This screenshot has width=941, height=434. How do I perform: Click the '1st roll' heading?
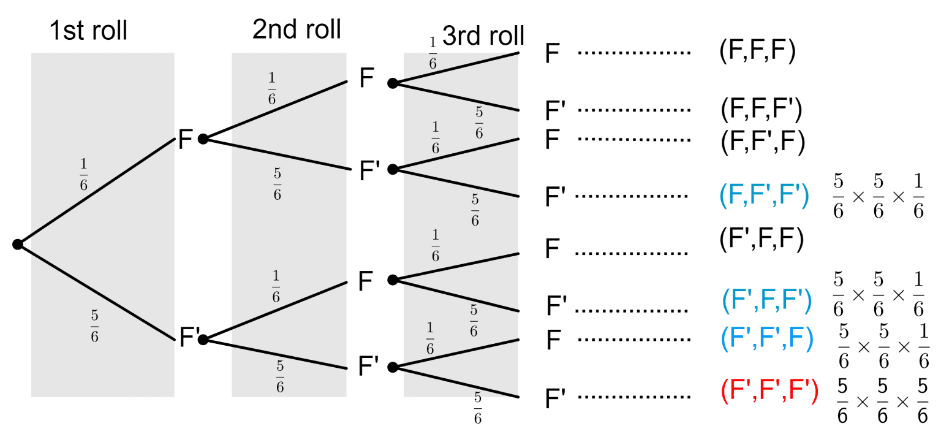point(88,31)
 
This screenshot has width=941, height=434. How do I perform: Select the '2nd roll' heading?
point(297,29)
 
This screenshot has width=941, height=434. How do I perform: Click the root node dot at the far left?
point(18,245)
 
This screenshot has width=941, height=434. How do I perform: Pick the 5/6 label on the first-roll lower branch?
point(94,327)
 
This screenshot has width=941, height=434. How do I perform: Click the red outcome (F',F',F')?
point(769,392)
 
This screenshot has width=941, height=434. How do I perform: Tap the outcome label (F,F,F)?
point(757,52)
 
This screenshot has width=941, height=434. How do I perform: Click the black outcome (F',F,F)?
point(761,240)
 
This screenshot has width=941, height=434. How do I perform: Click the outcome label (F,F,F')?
point(761,110)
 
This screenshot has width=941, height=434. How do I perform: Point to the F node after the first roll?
point(186,140)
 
